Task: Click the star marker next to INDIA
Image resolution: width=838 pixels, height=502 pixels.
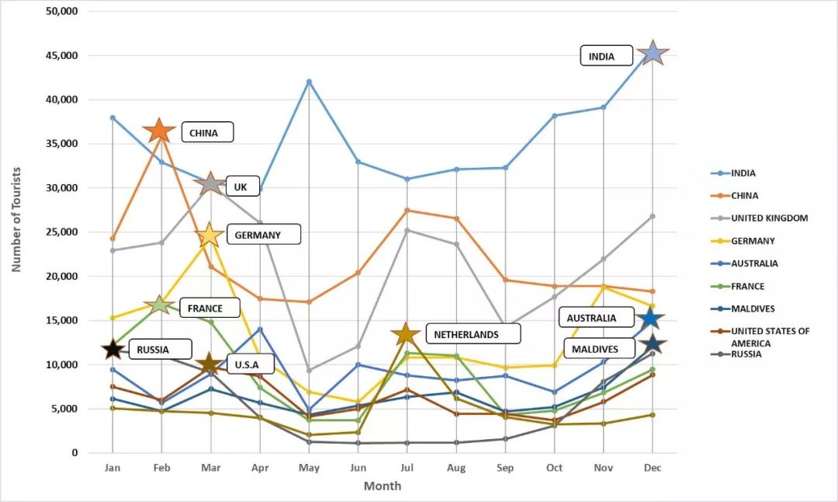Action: pos(653,53)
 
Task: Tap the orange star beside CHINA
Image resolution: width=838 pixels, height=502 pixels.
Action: pos(160,131)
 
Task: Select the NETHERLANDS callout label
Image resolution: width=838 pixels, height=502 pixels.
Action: pos(473,334)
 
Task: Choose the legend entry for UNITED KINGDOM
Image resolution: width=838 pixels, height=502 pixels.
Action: pos(769,218)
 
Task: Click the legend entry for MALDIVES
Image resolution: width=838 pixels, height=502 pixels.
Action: pos(753,309)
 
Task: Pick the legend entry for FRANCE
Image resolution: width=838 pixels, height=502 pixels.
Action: pos(747,286)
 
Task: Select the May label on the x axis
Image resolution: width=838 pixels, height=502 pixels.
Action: pos(309,467)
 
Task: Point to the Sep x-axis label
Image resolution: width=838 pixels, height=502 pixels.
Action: pos(505,467)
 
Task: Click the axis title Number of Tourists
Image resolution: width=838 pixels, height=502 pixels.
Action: pos(16,218)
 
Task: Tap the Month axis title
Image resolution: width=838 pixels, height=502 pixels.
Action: pos(383,486)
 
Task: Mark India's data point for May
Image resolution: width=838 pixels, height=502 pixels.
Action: pos(309,82)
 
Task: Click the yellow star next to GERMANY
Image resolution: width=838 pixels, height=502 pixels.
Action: pos(209,235)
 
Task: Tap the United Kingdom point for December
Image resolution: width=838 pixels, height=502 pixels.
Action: pos(653,216)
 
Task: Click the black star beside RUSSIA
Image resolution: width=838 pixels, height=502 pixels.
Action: pos(113,349)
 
